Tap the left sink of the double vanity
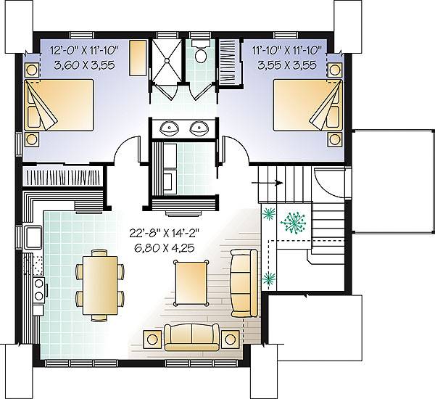tap(169, 128)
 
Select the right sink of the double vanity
tap(199, 128)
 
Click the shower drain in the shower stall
tap(167, 59)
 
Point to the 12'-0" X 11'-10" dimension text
tap(84, 51)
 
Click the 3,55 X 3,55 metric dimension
tap(287, 65)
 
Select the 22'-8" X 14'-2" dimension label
tap(165, 233)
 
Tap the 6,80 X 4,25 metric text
tap(165, 248)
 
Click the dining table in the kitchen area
tap(100, 285)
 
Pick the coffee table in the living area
tap(191, 283)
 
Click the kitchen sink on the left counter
tap(33, 236)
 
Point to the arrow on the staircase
tap(267, 183)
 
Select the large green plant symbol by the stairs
tap(293, 223)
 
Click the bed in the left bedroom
tap(59, 105)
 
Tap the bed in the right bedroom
tap(307, 105)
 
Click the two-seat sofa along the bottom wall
tap(191, 337)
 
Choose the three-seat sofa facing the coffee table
tap(244, 283)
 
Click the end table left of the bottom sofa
tap(152, 339)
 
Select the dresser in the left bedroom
tap(138, 58)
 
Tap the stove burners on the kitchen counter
tap(38, 290)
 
